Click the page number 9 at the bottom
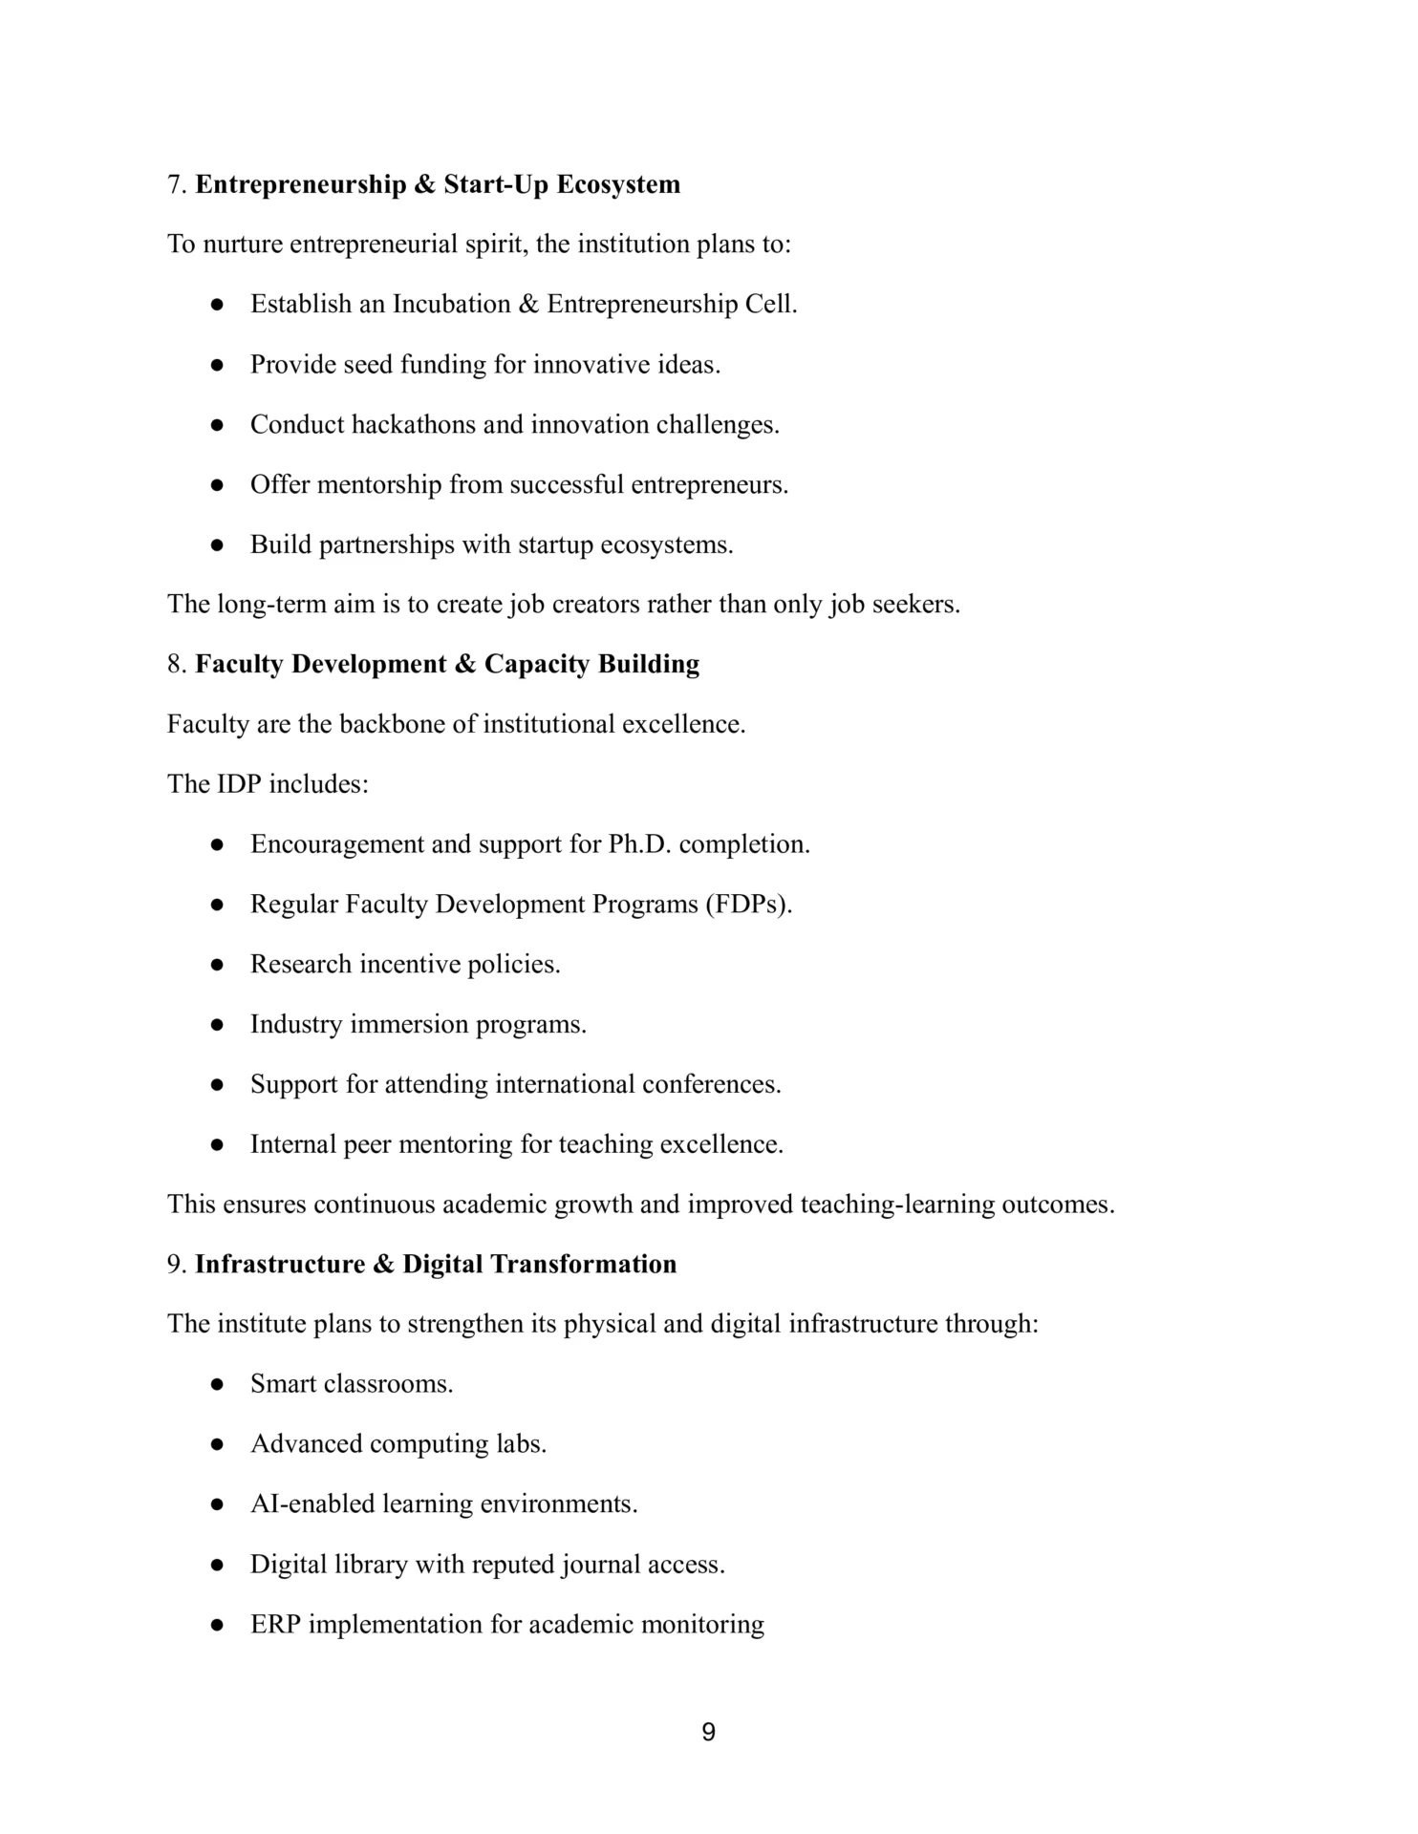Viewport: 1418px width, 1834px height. click(708, 1732)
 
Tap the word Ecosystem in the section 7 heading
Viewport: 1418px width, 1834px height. click(618, 184)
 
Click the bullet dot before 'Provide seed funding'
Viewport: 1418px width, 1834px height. click(218, 365)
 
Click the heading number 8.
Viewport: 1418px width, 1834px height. click(176, 665)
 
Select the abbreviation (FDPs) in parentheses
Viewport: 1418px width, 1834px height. click(749, 905)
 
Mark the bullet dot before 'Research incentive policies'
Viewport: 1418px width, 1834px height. click(218, 965)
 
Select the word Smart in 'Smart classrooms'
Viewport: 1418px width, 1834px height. click(282, 1385)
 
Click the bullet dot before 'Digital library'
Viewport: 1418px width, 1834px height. click(218, 1566)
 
